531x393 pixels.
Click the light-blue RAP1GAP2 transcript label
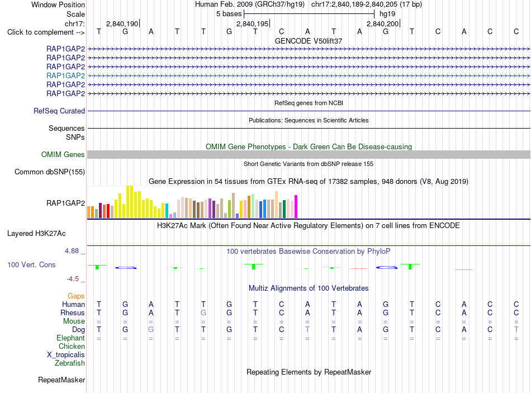66,75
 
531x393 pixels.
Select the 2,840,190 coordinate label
122,23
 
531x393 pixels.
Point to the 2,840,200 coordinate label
383,23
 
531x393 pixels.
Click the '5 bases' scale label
229,14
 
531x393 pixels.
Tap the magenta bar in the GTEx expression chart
296,206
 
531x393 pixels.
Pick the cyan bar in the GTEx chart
167,211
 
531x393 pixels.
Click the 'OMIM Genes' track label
63,154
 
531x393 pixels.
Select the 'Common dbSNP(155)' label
50,172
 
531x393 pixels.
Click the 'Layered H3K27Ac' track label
36,234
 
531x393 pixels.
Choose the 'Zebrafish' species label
70,363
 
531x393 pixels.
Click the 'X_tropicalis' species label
66,355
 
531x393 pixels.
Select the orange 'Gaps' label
76,296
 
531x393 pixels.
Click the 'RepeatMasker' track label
61,380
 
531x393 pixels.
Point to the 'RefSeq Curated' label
59,111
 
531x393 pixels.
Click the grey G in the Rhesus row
203,312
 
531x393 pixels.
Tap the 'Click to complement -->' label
46,32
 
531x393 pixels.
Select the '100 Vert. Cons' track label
31,264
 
